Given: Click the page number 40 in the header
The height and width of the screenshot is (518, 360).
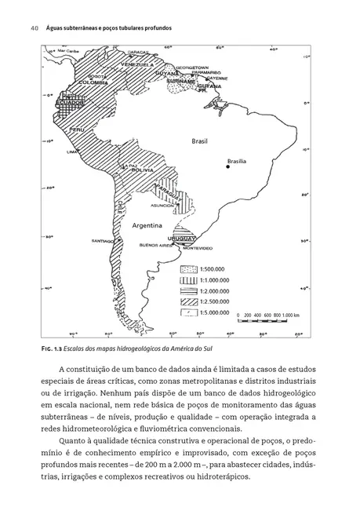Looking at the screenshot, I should (35, 28).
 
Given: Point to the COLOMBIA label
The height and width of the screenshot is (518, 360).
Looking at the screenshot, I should (93, 82).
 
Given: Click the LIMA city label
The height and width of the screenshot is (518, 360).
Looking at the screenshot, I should (74, 151).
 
